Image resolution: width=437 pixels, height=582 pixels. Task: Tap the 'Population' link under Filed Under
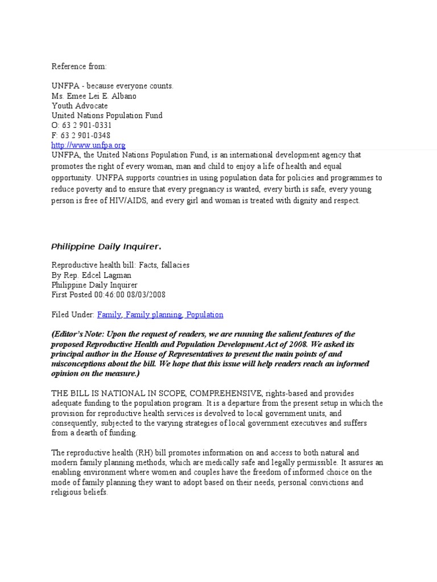coord(205,314)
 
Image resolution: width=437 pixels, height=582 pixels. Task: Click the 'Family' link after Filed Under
coord(109,314)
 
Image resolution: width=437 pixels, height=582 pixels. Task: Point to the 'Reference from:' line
coord(79,66)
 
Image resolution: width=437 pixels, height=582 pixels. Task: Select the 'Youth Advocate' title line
coord(80,106)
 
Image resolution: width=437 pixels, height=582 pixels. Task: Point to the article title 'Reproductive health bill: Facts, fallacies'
coord(121,265)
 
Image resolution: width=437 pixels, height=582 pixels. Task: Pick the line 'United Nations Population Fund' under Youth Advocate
coord(107,115)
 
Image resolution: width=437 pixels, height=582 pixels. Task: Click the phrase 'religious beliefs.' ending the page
coord(80,493)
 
